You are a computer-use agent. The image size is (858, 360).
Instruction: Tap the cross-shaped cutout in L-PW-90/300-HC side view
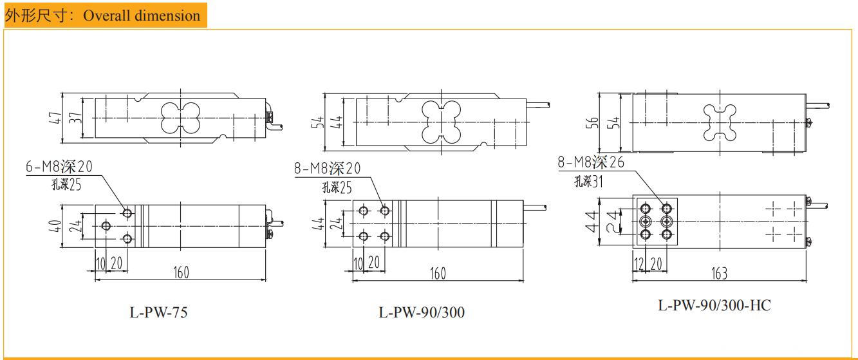pyautogui.click(x=718, y=122)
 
